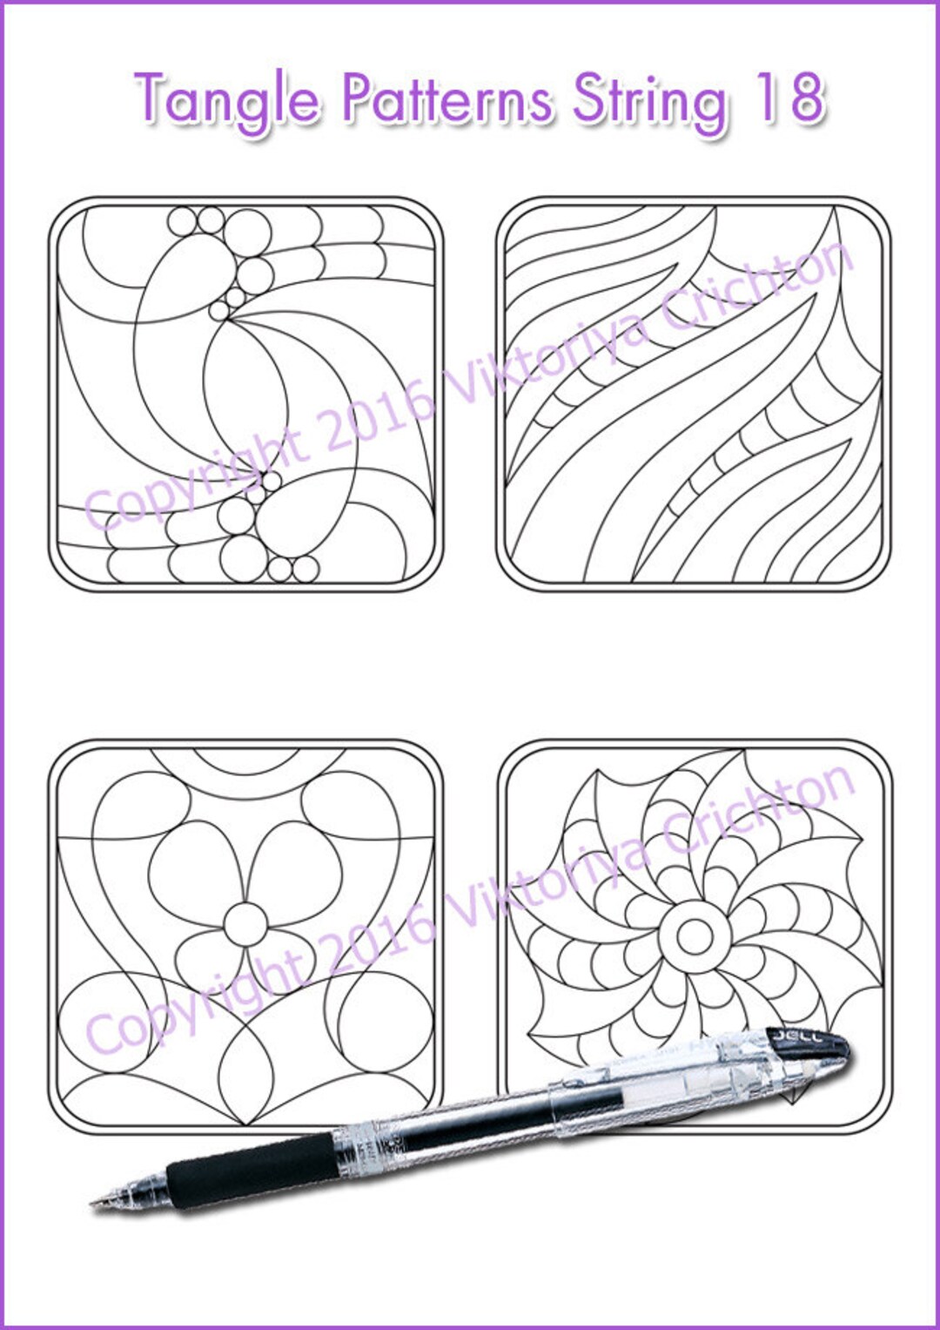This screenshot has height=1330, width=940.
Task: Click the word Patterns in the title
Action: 446,98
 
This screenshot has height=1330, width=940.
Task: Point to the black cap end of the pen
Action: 809,1046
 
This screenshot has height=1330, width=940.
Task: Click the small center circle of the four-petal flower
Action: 246,924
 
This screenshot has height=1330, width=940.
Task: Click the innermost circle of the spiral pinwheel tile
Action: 694,936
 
